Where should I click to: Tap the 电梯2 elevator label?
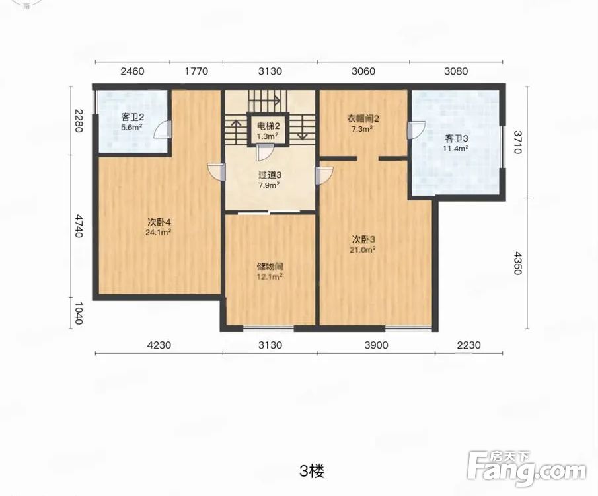tap(268, 126)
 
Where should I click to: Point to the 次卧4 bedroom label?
tap(159, 222)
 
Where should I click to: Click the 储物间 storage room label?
tap(270, 267)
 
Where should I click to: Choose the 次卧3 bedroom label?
tap(363, 240)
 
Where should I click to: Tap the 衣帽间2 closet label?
tap(362, 118)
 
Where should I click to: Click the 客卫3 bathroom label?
tap(456, 138)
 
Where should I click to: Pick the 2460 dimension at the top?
tap(132, 71)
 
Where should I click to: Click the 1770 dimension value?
tap(196, 71)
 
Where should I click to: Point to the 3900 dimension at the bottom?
tap(376, 345)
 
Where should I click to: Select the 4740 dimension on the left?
tap(78, 226)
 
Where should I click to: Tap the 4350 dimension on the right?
tap(517, 263)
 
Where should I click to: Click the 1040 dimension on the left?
tap(78, 313)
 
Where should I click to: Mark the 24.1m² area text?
tap(158, 231)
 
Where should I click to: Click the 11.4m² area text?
tap(456, 149)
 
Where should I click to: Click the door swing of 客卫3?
tap(416, 130)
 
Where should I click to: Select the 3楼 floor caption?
tap(312, 472)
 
